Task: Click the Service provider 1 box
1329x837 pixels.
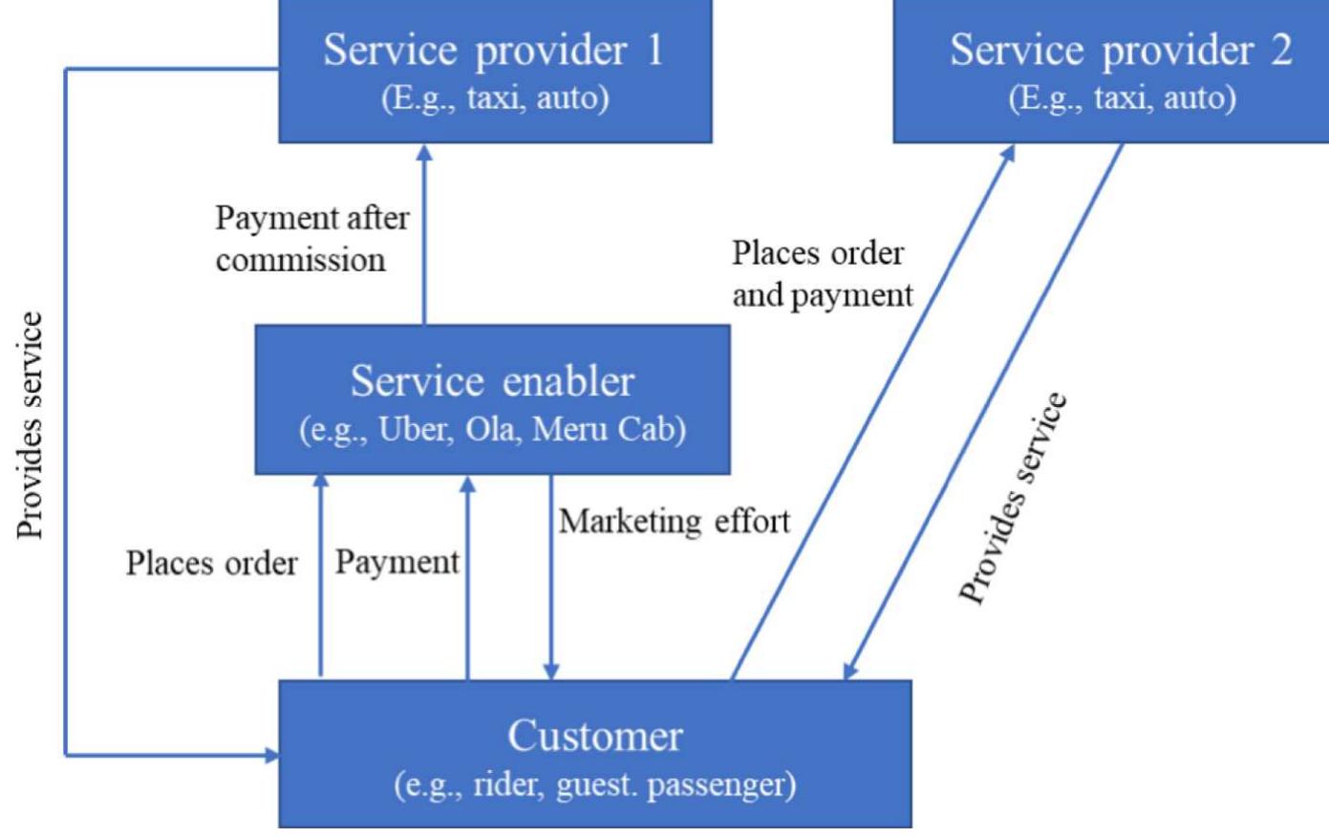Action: coord(494,71)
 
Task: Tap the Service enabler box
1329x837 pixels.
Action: coord(492,400)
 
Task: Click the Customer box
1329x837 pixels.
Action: coord(594,754)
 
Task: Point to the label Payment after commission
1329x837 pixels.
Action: coord(311,238)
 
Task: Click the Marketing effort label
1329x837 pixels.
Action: coord(674,522)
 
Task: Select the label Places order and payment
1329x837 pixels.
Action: coord(822,274)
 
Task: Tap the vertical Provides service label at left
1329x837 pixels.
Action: coord(31,425)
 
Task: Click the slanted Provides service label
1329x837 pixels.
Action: coord(1013,499)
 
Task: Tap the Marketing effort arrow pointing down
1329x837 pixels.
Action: coord(551,573)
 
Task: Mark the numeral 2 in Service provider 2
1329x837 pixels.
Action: coord(1279,50)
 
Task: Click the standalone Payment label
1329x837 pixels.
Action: coord(397,563)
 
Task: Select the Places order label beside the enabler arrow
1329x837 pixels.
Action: coord(211,564)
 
